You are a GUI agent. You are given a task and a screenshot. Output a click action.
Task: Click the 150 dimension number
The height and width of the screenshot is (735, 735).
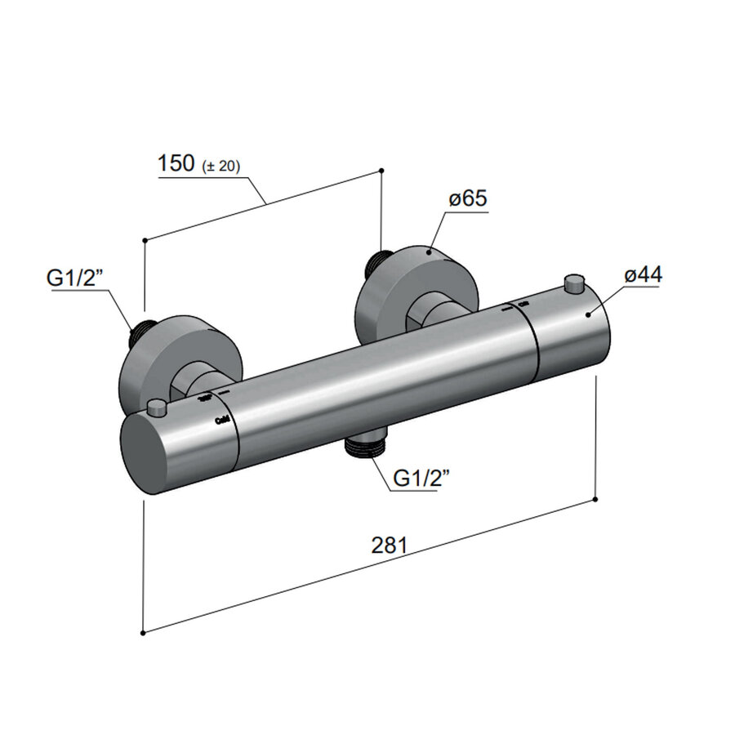(x=175, y=163)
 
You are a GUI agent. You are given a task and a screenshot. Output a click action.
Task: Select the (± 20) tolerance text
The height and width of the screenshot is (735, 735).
(x=219, y=166)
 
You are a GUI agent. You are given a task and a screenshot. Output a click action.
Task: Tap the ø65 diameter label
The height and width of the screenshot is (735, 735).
(x=467, y=199)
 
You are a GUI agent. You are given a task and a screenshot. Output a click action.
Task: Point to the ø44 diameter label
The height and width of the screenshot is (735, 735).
(x=643, y=275)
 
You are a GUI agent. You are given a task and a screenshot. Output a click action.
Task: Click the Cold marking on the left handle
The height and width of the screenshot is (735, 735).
(x=221, y=420)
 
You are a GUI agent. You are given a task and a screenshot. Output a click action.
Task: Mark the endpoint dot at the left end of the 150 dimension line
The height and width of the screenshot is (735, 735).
(x=144, y=239)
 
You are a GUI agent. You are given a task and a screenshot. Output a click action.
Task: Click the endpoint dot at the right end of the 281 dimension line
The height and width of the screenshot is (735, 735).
(x=596, y=499)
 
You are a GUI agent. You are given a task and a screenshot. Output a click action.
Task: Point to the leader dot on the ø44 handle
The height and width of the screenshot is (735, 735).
(x=588, y=315)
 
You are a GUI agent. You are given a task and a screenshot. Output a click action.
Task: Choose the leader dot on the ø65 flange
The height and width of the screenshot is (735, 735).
(x=427, y=253)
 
